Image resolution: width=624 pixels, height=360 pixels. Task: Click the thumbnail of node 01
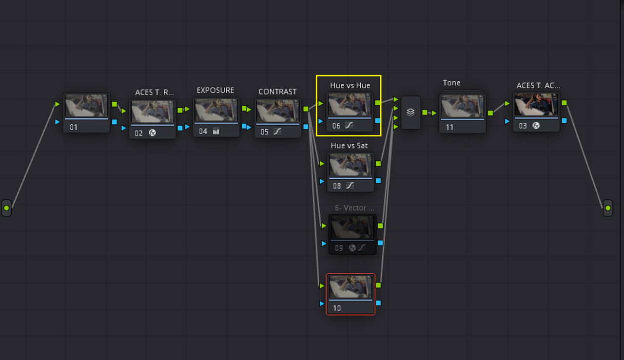(x=86, y=106)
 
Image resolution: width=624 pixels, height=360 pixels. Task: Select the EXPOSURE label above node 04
(x=215, y=90)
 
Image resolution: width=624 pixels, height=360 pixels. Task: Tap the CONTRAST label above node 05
(x=277, y=92)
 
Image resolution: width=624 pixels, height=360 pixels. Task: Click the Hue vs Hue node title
(x=350, y=85)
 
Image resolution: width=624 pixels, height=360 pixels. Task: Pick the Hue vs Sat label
(x=349, y=146)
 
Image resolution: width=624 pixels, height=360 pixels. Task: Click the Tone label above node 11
(x=451, y=83)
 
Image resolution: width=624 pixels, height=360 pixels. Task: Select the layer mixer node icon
(x=410, y=112)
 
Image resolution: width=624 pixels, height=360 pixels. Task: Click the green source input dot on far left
(x=6, y=208)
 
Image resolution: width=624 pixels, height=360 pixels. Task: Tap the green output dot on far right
(x=608, y=208)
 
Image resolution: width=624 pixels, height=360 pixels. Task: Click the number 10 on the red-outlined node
(x=337, y=308)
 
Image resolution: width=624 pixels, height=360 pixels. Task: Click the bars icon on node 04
(x=216, y=131)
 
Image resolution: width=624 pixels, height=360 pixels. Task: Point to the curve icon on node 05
(x=277, y=132)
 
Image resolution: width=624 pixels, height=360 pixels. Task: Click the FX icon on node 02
(x=152, y=133)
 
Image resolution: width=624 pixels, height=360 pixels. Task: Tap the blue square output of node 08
(x=378, y=181)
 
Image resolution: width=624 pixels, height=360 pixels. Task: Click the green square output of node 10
(x=378, y=285)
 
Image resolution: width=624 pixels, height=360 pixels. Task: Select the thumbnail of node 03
(x=536, y=105)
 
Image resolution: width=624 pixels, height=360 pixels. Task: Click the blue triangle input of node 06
(x=321, y=121)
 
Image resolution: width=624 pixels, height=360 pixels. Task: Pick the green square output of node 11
(x=490, y=113)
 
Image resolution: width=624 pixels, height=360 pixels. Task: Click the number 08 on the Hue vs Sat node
(x=337, y=186)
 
